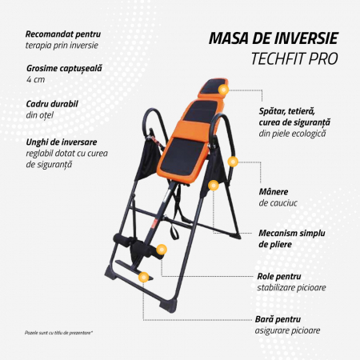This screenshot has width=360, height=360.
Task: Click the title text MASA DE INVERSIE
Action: pyautogui.click(x=274, y=38)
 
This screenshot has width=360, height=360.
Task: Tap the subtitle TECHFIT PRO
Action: pyautogui.click(x=294, y=58)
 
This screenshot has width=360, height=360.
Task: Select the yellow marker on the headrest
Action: pyautogui.click(x=223, y=90)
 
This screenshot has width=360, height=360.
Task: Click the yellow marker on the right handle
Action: pyautogui.click(x=233, y=162)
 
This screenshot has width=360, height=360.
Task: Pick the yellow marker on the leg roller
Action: pyautogui.click(x=162, y=250)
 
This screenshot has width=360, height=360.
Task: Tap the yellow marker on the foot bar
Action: pyautogui.click(x=144, y=277)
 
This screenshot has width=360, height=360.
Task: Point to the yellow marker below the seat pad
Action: pyautogui.click(x=214, y=185)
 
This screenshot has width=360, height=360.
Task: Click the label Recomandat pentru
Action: pyautogui.click(x=63, y=34)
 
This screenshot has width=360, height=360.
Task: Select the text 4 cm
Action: pyautogui.click(x=35, y=79)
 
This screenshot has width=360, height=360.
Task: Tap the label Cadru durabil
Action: pyautogui.click(x=52, y=104)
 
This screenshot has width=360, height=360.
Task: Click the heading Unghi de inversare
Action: pyautogui.click(x=62, y=142)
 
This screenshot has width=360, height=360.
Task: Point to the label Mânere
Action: pyautogui.click(x=274, y=191)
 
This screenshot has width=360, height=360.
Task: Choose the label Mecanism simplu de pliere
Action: pyautogui.click(x=292, y=238)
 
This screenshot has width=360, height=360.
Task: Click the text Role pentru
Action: pyautogui.click(x=279, y=277)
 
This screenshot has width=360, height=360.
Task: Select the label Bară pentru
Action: pyautogui.click(x=278, y=319)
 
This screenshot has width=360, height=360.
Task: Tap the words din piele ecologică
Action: pyautogui.click(x=292, y=134)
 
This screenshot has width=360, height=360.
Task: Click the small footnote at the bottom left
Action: pyautogui.click(x=58, y=333)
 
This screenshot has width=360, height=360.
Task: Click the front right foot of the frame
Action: pyautogui.click(x=168, y=306)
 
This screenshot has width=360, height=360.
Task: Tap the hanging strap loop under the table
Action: pyautogui.click(x=174, y=231)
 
